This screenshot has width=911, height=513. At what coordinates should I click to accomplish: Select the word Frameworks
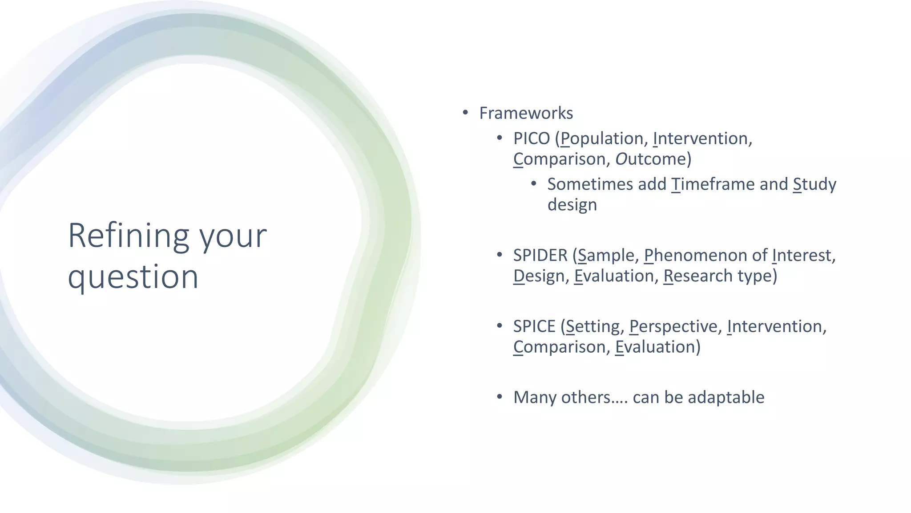526,113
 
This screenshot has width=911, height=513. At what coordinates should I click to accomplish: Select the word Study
814,184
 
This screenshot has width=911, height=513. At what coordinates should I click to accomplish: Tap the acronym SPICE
534,326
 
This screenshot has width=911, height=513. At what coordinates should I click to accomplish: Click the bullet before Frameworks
465,113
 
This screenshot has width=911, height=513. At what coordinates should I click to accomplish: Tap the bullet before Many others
500,396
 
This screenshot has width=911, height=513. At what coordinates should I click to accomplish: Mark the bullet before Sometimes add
534,184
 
